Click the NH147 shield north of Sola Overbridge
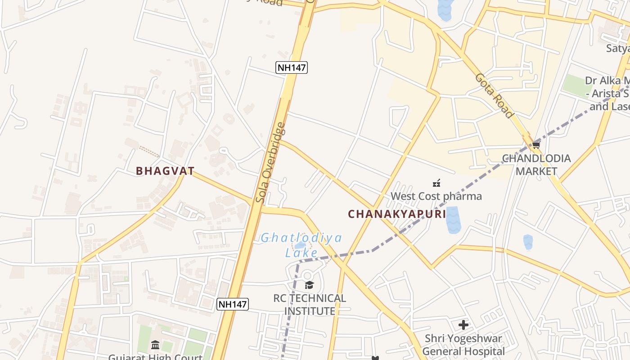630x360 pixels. [x=292, y=67]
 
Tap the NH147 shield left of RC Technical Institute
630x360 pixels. [x=232, y=304]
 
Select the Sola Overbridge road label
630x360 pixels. [x=270, y=162]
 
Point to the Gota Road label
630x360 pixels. [x=494, y=96]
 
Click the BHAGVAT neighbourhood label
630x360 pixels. [x=165, y=171]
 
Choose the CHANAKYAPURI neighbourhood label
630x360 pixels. [x=397, y=214]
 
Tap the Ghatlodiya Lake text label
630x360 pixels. [x=301, y=244]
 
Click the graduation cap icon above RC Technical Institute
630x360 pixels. [x=309, y=285]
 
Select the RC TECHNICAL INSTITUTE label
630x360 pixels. [x=310, y=305]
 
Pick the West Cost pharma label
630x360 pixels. [x=436, y=196]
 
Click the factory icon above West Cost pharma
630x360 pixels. [x=436, y=183]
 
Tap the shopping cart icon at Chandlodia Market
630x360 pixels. [x=536, y=145]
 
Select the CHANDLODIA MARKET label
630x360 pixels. [x=536, y=165]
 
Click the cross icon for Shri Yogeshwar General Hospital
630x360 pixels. [x=463, y=324]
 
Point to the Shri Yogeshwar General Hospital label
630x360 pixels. [x=463, y=345]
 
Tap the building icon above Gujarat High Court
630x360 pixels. [x=155, y=345]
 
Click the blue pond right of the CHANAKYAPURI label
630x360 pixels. [x=452, y=220]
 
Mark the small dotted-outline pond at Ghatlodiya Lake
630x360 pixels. [x=300, y=246]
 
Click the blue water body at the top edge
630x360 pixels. [x=445, y=9]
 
